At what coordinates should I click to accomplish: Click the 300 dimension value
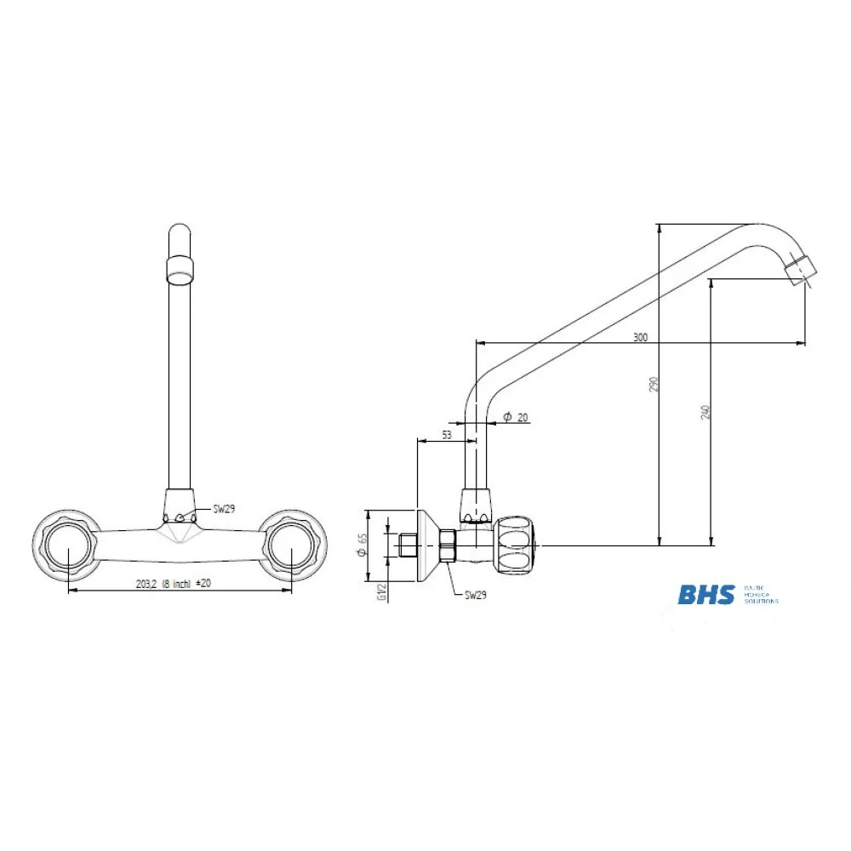coord(640,338)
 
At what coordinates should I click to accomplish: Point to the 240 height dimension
coord(705,412)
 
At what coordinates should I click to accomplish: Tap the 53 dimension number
coord(446,435)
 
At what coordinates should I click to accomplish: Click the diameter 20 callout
coord(515,417)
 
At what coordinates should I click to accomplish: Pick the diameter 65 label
coord(362,545)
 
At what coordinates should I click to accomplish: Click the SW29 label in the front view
coord(224,509)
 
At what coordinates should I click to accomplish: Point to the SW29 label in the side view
coord(475,597)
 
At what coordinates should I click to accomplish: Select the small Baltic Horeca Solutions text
coord(760,594)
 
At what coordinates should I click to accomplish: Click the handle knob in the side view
coord(516,545)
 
